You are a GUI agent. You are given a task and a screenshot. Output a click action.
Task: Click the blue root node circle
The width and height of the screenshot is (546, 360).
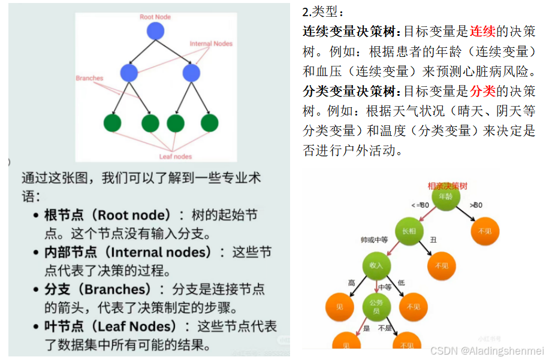155,31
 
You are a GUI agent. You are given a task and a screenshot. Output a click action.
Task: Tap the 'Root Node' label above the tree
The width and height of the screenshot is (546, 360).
155,17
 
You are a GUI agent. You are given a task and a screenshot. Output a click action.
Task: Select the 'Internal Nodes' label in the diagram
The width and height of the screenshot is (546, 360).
211,44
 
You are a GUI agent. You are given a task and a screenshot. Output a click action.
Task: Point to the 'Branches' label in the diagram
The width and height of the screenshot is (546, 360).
89,78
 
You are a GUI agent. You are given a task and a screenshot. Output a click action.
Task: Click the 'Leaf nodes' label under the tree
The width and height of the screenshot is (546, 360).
175,156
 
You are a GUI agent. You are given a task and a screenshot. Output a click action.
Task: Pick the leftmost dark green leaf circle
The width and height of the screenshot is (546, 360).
112,123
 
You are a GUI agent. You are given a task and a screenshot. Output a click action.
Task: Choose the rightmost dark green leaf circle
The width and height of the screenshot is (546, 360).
210,123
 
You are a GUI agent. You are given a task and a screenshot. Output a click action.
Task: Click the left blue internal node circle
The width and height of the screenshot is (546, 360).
129,73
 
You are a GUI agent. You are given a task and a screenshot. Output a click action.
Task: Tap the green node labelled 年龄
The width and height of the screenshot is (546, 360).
445,198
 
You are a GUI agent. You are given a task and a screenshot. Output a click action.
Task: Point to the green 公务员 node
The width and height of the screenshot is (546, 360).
376,305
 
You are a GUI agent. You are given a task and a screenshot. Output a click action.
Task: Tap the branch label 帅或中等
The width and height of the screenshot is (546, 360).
370,240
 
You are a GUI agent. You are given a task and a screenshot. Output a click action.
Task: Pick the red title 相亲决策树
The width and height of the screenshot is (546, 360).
447,186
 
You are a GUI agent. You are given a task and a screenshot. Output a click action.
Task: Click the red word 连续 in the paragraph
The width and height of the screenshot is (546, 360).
482,31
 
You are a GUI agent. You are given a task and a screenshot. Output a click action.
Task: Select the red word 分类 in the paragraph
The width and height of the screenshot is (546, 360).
482,91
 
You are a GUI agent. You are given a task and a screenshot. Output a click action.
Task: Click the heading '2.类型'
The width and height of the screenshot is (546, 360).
324,12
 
